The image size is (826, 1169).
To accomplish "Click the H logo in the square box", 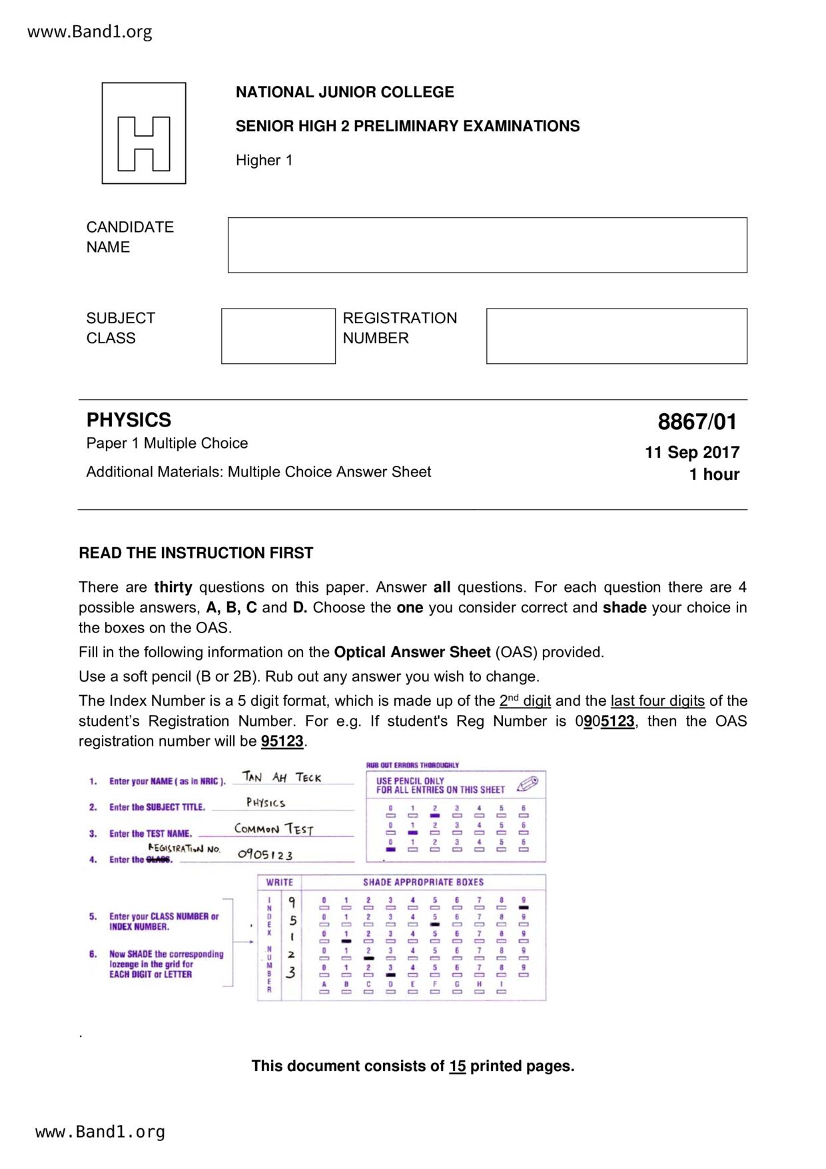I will point(144,143).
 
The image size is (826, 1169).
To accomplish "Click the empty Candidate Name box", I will point(487,245).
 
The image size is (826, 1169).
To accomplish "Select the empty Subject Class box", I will point(278,336).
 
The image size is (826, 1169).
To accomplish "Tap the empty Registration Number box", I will point(616,336).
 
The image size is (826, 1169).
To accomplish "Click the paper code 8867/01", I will point(697,422).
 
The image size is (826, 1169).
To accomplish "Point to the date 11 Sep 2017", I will point(692,453).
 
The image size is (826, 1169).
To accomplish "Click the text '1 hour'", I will point(714,475).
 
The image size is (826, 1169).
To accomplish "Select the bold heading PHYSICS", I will point(129,420).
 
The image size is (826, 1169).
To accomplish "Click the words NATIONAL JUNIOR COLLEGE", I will point(344,92).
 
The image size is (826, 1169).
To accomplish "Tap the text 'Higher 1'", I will point(264,161).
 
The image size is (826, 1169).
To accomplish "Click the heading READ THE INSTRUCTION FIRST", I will point(196,553).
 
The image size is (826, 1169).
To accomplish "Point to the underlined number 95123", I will point(282,742).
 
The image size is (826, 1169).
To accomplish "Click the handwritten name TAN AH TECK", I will point(282,778).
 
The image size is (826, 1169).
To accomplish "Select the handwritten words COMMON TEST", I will point(273,829).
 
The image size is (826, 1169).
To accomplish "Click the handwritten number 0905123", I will point(265,855).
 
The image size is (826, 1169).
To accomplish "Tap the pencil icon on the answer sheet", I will point(527,783).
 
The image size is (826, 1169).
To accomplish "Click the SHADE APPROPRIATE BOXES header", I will point(423,882).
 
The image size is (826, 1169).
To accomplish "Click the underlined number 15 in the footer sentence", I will point(458,1066).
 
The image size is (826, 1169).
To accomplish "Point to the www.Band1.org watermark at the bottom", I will point(100,1132).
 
